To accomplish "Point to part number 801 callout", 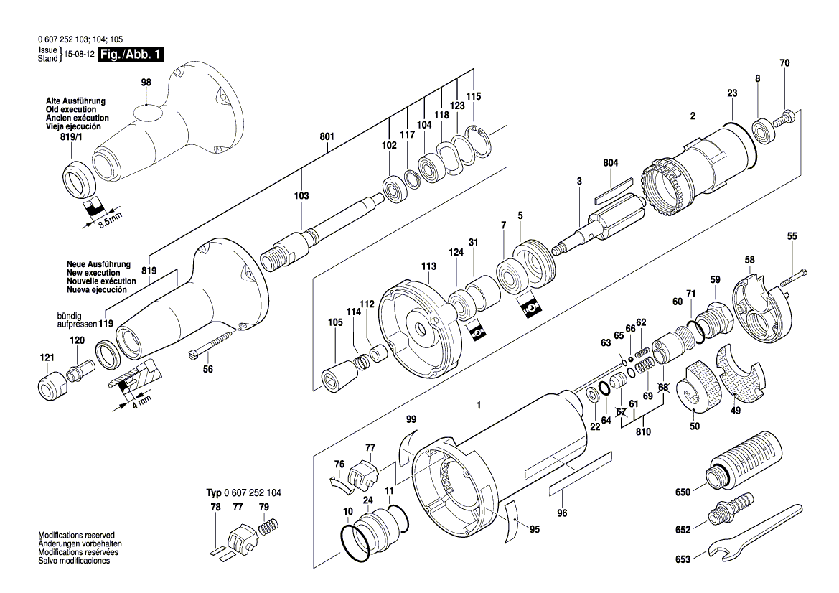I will click(x=327, y=136).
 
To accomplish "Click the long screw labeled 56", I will click(x=211, y=345).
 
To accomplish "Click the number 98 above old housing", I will click(x=146, y=83).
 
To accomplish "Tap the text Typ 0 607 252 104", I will click(x=244, y=493).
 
